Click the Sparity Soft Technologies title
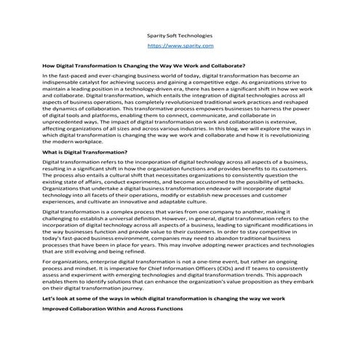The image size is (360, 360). (x=180, y=35)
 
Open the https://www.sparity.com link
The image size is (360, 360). (x=180, y=45)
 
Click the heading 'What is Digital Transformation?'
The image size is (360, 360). (x=86, y=152)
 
